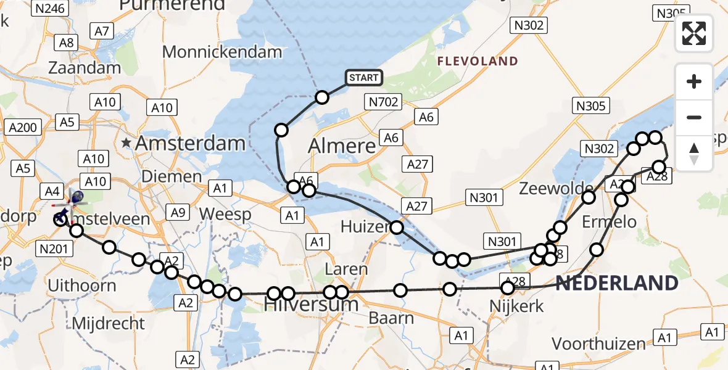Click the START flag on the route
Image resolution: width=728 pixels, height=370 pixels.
[x=363, y=78]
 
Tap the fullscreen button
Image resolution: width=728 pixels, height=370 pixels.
[x=694, y=33]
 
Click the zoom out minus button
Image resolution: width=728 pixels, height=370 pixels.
[x=694, y=117]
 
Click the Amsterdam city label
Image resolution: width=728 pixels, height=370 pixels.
[x=190, y=144]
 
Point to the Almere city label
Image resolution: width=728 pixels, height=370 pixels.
[x=342, y=146]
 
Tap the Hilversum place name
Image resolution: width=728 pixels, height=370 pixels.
[x=311, y=304]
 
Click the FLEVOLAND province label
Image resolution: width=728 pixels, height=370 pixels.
[x=478, y=61]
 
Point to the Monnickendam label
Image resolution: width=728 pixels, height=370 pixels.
[x=223, y=52]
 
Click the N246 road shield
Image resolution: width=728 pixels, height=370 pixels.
[x=49, y=8]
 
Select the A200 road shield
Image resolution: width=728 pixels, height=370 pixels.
[x=22, y=128]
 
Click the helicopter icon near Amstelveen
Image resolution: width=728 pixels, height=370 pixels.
[x=77, y=197]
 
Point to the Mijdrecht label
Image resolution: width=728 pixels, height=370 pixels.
[x=109, y=323]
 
